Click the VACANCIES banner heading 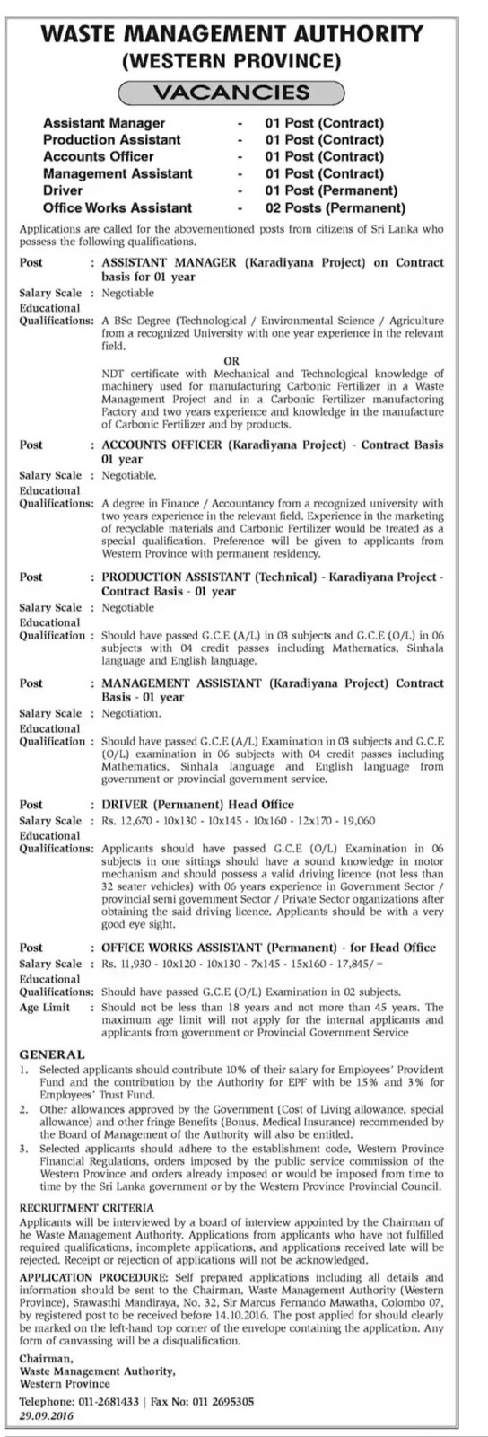point(231,92)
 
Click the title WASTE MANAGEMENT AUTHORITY point(243,34)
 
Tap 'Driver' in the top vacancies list point(63,190)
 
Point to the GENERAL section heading point(52,1054)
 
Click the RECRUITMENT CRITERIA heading point(87,1209)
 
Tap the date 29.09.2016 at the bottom point(48,1415)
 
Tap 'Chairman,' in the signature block point(44,1359)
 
